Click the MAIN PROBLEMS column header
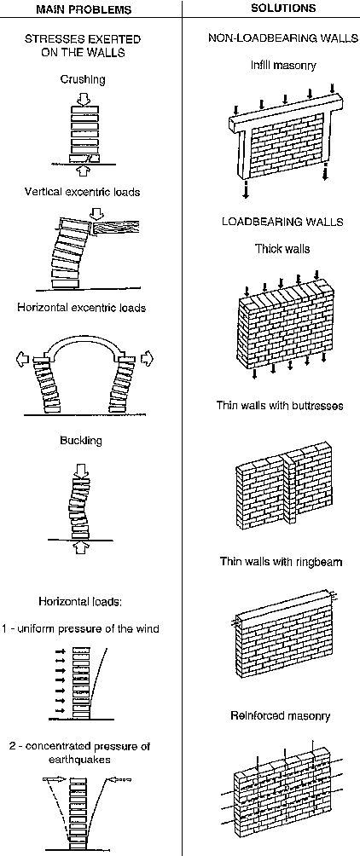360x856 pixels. tap(90, 9)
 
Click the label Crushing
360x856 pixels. tap(83, 78)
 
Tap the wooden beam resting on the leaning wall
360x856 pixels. tap(116, 228)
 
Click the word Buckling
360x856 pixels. tap(81, 441)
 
